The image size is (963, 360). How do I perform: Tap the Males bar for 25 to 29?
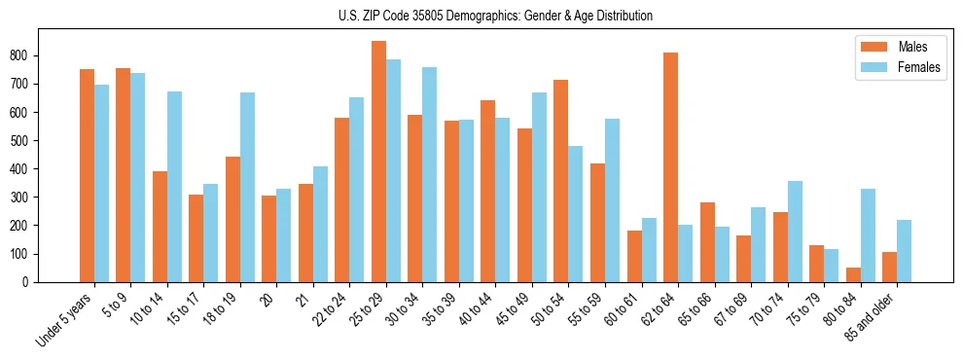point(379,162)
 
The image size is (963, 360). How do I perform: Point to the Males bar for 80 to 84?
point(853,274)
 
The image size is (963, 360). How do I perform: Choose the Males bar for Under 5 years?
point(88,175)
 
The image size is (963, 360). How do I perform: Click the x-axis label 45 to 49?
point(516,307)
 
